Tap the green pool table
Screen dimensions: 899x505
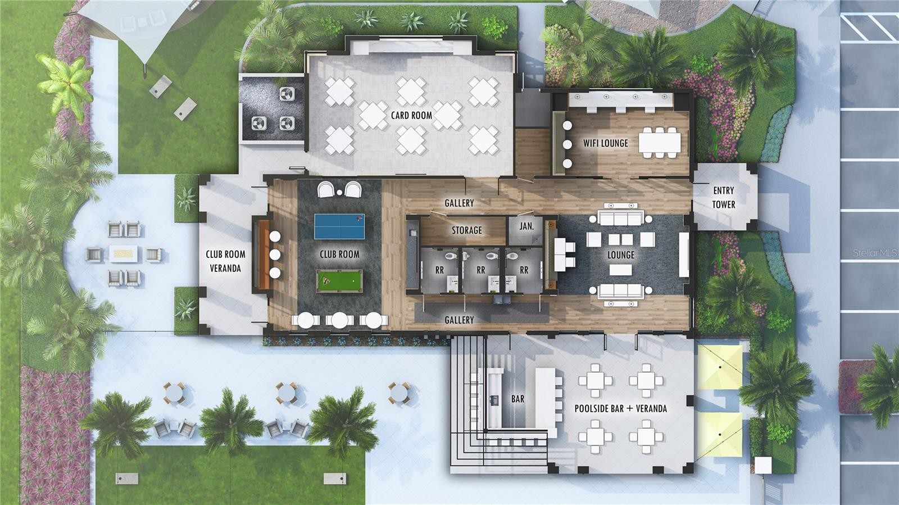339,281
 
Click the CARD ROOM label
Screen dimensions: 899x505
411,116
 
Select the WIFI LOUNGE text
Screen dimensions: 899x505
605,143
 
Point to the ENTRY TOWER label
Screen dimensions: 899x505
724,197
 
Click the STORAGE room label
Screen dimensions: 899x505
467,230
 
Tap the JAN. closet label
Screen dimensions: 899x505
526,226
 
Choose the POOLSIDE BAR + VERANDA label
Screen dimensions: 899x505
620,409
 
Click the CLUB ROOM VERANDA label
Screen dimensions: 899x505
225,261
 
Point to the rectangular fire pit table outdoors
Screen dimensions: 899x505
124,254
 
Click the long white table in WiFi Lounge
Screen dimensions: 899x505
660,142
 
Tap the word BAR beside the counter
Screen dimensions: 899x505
517,399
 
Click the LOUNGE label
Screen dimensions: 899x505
621,255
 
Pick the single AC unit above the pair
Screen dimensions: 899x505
287,94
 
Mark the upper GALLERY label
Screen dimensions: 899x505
459,203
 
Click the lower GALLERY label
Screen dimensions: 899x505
459,320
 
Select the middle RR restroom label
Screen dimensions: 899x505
481,270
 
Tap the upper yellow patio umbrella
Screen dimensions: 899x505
720,367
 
